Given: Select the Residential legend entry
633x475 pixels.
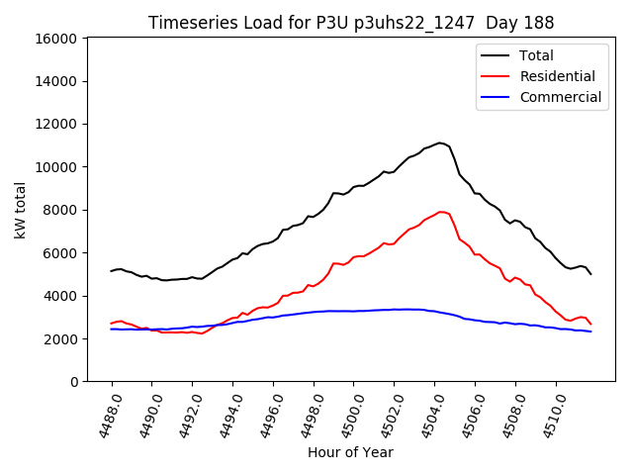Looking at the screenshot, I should (x=557, y=76).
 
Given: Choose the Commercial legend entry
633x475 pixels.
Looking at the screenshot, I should (x=560, y=97).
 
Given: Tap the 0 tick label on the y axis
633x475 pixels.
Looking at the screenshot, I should (x=73, y=382).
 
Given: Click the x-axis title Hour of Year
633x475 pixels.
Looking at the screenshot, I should (x=350, y=452).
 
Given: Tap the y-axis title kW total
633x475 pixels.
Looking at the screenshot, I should (x=21, y=210).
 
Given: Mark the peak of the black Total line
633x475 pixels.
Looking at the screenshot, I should (x=440, y=142).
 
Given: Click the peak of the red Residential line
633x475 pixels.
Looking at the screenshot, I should (x=441, y=212).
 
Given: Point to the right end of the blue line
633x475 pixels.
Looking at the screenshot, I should (x=590, y=332).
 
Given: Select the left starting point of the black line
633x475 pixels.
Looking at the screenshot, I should (x=111, y=271).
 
